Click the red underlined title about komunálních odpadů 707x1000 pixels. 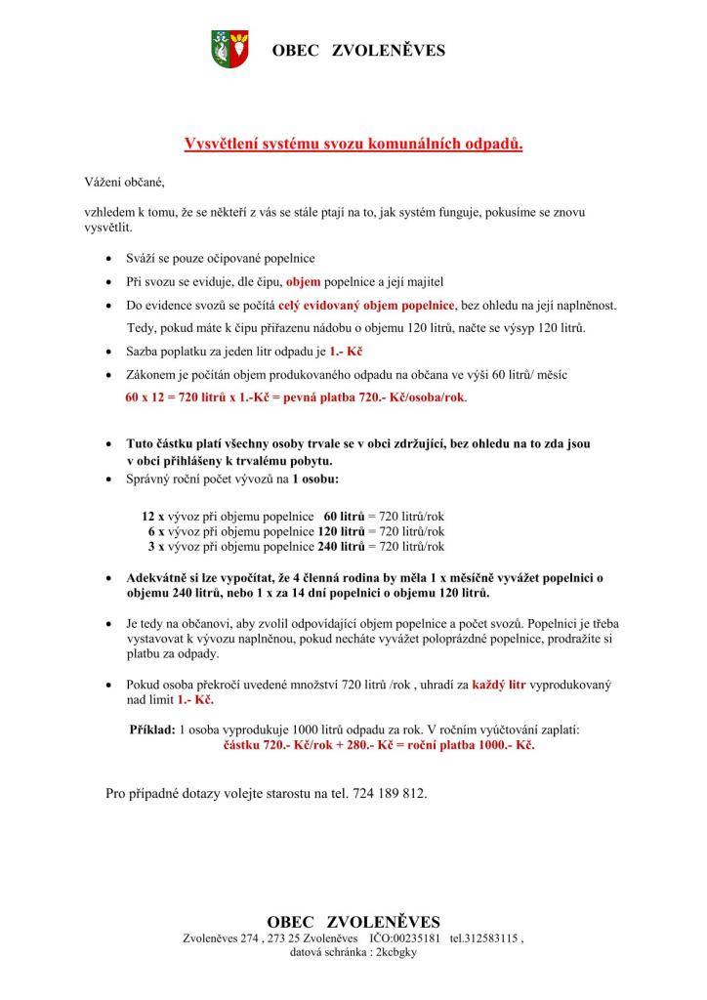[353, 145]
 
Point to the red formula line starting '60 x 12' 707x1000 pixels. [296, 398]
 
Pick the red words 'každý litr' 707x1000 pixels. [498, 686]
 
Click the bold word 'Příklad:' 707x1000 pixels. [152, 729]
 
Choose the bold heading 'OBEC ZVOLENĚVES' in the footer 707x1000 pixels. [353, 922]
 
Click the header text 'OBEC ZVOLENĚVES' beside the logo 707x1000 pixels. [357, 50]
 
